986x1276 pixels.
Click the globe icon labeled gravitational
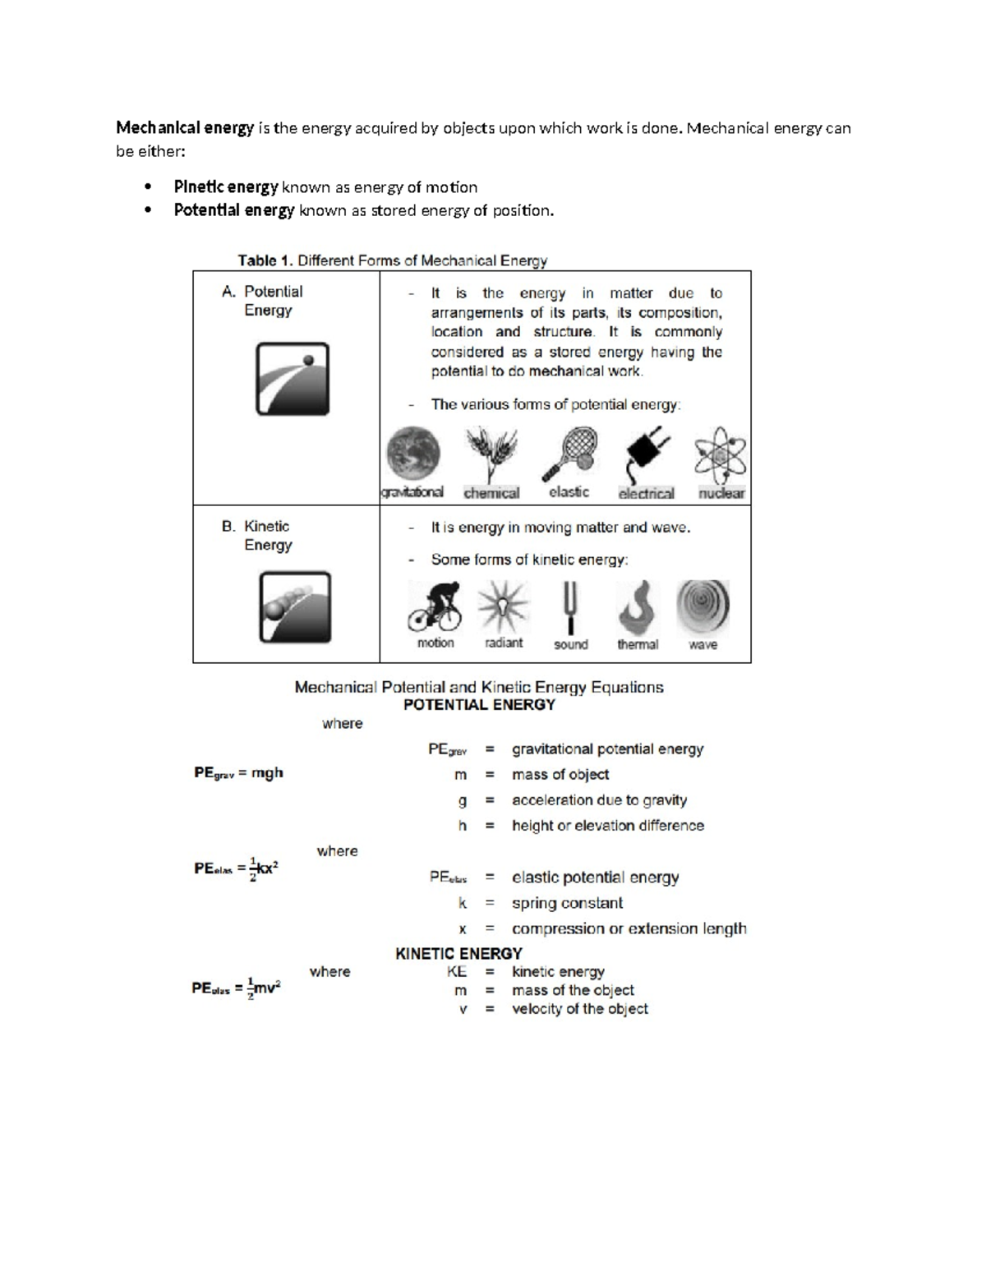tap(413, 453)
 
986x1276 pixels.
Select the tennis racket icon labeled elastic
tap(569, 454)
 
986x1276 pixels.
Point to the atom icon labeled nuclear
tap(721, 455)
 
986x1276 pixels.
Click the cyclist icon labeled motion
tap(435, 607)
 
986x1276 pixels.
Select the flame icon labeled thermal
tap(638, 608)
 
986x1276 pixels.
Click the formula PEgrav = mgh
tap(238, 773)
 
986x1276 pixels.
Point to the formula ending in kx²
tap(237, 869)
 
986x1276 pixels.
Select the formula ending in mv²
tap(236, 988)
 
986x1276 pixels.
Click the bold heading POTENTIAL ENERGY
tap(479, 705)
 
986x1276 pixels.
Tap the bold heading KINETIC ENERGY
tap(458, 954)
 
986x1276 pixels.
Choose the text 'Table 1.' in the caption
tap(265, 261)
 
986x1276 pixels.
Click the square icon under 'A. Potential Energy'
tap(293, 379)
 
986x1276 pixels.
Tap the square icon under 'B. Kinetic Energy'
tap(295, 607)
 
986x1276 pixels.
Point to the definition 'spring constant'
tap(567, 904)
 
